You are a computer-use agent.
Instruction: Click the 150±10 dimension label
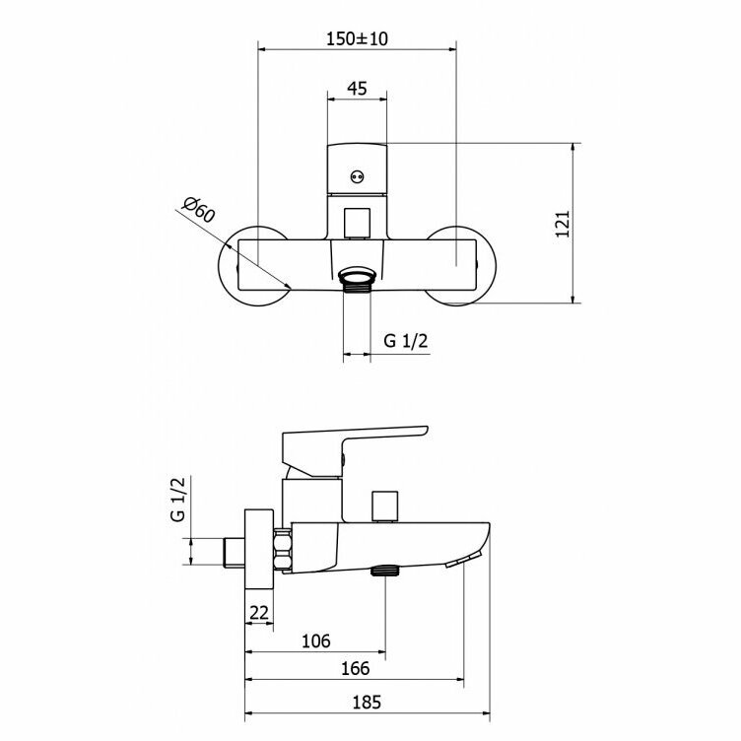pyautogui.click(x=357, y=38)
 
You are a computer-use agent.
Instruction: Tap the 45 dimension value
pyautogui.click(x=357, y=89)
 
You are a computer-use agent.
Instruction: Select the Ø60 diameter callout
pyautogui.click(x=199, y=209)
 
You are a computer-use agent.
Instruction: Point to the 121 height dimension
pyautogui.click(x=563, y=224)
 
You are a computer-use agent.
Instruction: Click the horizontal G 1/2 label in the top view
pyautogui.click(x=405, y=340)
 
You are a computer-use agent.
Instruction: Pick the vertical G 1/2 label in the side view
pyautogui.click(x=178, y=499)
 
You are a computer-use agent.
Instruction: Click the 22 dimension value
pyautogui.click(x=258, y=613)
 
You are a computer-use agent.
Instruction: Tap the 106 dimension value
pyautogui.click(x=316, y=640)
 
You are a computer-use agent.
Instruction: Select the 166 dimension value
pyautogui.click(x=356, y=668)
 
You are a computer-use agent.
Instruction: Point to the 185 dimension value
pyautogui.click(x=367, y=703)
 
